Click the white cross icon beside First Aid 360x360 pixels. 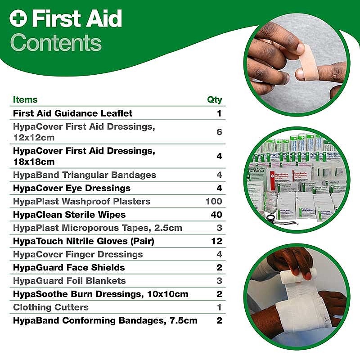18,18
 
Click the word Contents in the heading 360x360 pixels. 56,43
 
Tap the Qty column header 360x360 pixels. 215,100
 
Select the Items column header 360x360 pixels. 25,99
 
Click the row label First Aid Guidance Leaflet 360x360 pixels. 72,113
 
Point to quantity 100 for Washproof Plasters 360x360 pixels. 214,201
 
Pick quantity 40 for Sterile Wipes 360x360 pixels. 216,215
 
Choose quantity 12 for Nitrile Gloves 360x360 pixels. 217,241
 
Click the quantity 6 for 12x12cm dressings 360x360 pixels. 219,132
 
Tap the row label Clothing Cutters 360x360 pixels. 51,307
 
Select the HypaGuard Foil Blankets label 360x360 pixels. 69,281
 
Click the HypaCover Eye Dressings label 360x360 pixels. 72,188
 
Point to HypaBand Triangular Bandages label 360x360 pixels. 85,175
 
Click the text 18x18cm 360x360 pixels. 34,162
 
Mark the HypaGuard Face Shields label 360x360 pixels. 69,267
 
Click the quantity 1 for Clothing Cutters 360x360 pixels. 219,307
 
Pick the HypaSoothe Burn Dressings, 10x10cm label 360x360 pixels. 100,294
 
